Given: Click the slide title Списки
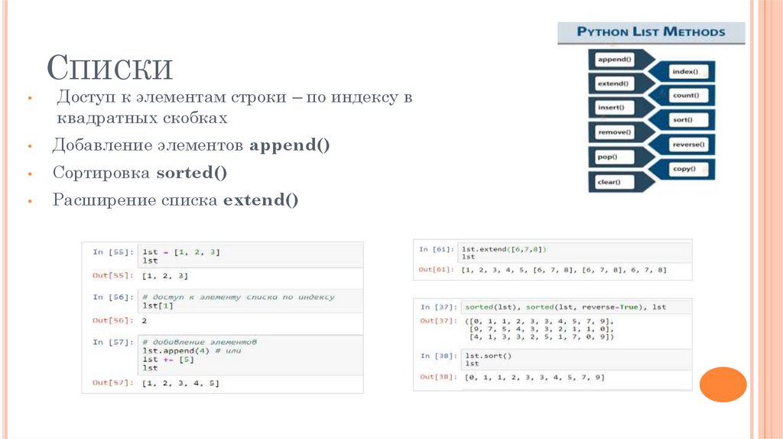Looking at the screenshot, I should [110, 68].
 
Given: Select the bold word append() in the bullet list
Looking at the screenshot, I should [290, 145].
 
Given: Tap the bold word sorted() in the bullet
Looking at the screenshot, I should [192, 173].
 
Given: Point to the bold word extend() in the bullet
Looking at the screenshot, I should [260, 200].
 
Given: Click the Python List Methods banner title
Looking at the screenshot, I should [651, 32].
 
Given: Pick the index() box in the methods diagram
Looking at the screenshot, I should [684, 71].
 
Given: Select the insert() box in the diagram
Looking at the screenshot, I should [611, 107].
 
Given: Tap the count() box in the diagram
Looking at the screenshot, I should [684, 96].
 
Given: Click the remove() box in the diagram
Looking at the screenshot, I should [614, 132].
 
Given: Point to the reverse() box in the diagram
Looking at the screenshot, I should [687, 145].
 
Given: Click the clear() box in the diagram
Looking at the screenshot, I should [609, 182].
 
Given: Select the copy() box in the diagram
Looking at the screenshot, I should [683, 168].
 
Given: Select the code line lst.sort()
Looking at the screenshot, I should [487, 356].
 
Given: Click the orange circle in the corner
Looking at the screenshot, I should [723, 384].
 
